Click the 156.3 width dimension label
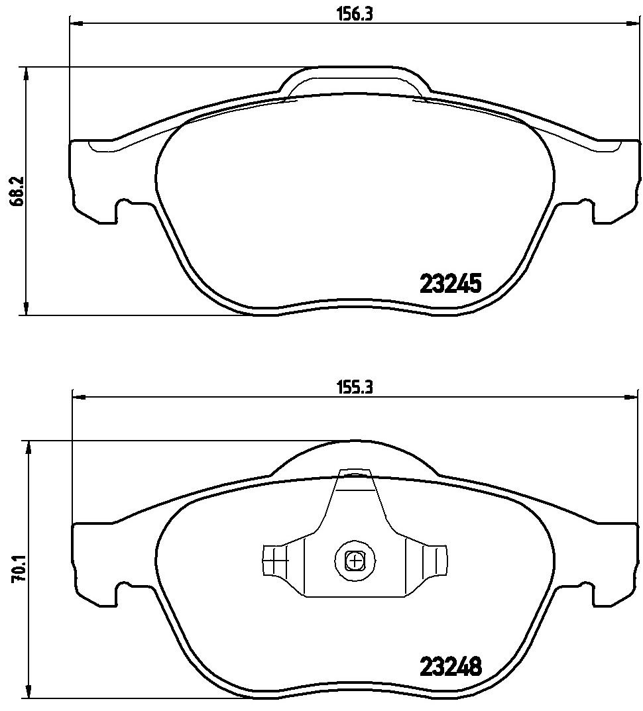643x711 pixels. pyautogui.click(x=355, y=14)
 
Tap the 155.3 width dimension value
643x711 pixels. pyautogui.click(x=355, y=388)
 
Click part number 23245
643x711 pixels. pyautogui.click(x=451, y=285)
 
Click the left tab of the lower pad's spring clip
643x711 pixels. pyautogui.click(x=276, y=560)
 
